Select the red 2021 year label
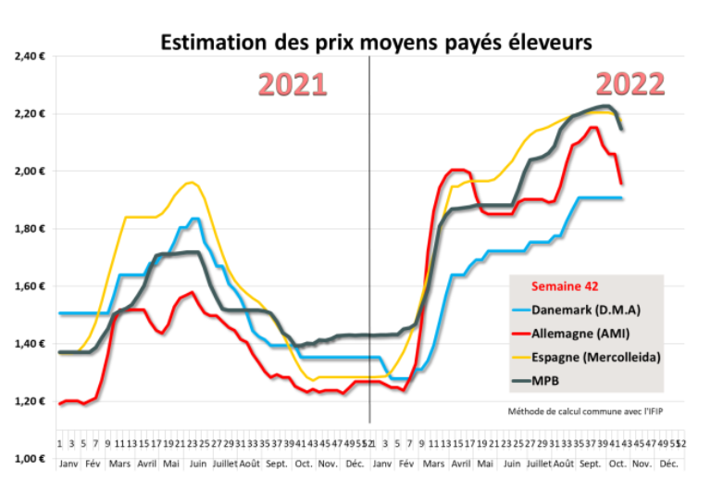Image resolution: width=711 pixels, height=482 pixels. pos(292,84)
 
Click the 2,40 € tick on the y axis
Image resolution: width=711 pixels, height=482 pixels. pos(31,57)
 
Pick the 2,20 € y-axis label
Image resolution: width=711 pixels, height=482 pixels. pos(31,114)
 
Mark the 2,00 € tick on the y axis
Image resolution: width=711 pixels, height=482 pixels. pos(31,171)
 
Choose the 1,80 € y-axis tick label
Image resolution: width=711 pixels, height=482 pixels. pos(31,229)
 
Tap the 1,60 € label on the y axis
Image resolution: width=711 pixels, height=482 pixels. pos(31,286)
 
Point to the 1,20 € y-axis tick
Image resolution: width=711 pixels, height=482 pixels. pos(31,401)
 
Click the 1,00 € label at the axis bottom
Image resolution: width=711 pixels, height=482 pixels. pos(31,459)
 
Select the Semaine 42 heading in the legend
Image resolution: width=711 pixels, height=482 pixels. pos(564,285)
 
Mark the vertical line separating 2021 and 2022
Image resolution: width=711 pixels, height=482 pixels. pos(369,232)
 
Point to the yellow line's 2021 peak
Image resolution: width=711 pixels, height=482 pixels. pos(191,183)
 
